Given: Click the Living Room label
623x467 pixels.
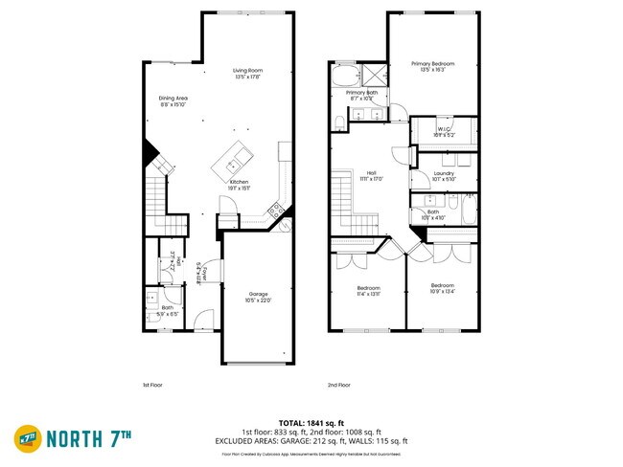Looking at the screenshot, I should (x=247, y=74).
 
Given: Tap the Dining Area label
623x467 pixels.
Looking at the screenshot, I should (x=173, y=100).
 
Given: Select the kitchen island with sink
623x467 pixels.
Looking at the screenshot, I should (x=235, y=157).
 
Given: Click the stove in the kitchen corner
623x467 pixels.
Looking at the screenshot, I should (x=277, y=210).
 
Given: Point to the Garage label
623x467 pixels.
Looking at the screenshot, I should (x=259, y=297).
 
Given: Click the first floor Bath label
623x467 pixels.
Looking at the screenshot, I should (x=167, y=310).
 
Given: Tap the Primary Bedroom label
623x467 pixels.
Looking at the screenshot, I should (x=432, y=67).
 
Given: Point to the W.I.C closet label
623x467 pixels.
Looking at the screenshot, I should (x=444, y=133).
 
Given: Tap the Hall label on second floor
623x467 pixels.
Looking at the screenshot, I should (x=369, y=175).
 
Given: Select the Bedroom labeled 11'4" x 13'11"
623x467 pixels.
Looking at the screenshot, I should (x=368, y=291).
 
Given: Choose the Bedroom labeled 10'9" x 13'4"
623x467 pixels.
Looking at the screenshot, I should (x=442, y=288).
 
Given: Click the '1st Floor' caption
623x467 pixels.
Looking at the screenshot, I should (x=152, y=385).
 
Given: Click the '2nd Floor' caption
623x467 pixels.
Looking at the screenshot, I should (x=339, y=385).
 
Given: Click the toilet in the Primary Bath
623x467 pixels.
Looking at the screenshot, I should (x=340, y=122).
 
